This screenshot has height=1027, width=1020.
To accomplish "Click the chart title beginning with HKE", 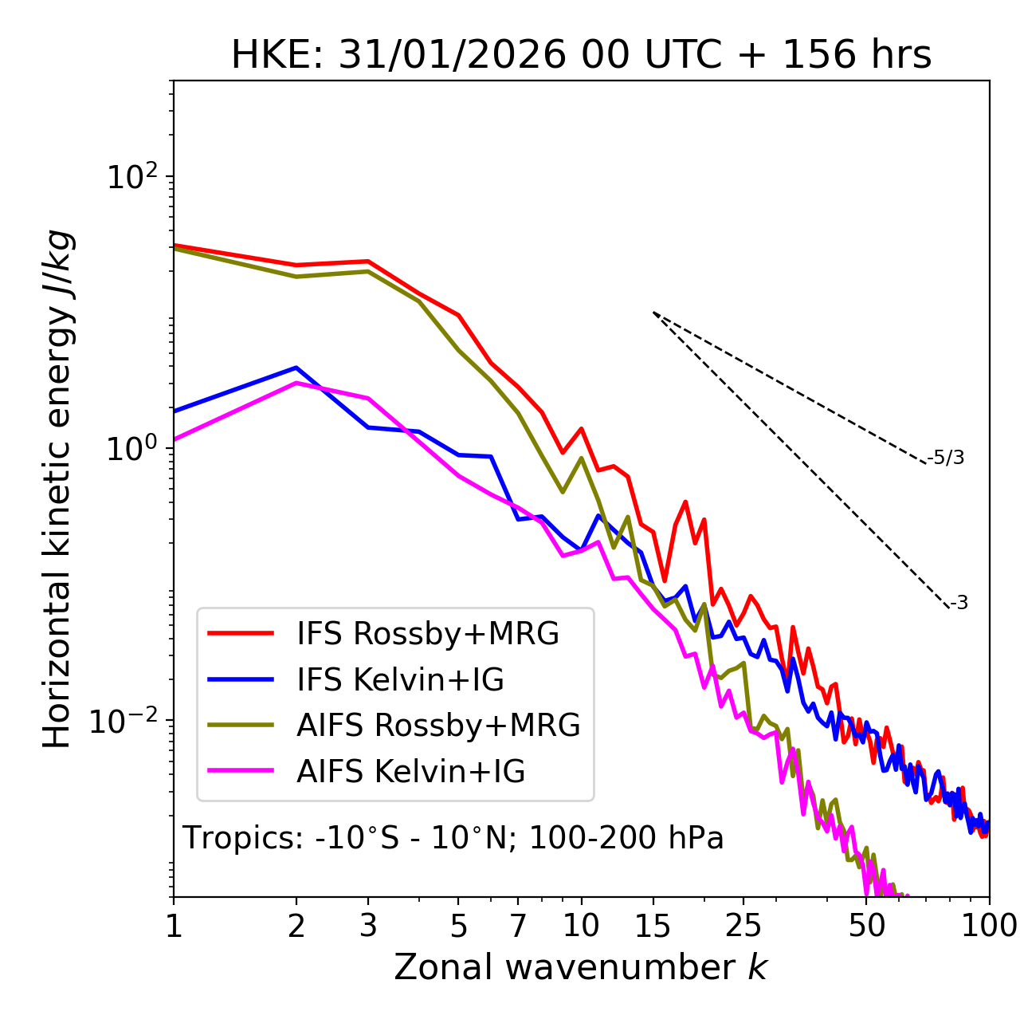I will point(581,56).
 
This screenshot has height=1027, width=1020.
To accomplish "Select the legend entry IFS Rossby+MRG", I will point(427,634).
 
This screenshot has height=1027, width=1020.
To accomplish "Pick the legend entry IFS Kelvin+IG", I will point(400,680).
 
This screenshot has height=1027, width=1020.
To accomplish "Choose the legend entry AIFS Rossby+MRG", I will point(438,726).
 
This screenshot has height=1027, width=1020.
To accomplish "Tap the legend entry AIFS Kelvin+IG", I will point(410,772).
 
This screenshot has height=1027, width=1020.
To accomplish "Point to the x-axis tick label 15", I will point(653,927).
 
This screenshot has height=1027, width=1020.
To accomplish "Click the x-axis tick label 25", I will point(743,927).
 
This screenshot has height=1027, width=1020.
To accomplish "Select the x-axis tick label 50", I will point(867,927).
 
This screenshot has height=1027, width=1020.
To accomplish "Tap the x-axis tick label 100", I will point(989,927).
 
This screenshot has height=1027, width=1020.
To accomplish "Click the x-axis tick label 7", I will point(518,927).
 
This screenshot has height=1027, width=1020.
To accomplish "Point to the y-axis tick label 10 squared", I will point(132,176).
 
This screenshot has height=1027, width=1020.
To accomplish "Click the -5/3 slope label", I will point(946,458).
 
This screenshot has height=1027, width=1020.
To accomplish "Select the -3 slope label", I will point(959,604).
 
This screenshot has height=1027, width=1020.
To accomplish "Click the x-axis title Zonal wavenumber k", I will point(581,968).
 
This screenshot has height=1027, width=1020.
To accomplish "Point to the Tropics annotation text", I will point(453,838).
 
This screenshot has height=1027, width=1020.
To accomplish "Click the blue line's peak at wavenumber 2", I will point(296,368).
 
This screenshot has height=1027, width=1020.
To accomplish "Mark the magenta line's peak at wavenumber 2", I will point(296,383).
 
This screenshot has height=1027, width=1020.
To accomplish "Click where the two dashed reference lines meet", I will point(653,313).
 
